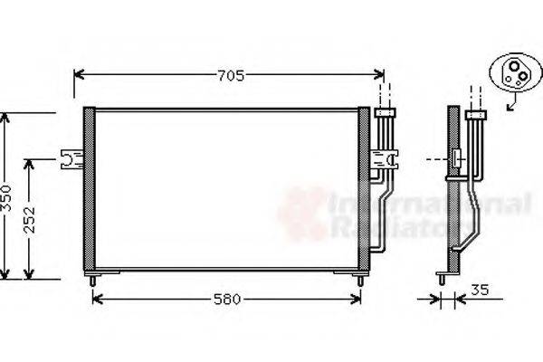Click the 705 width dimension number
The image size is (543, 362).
(x=231, y=76)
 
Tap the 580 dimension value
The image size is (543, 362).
(x=228, y=300)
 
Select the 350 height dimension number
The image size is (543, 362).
(x=6, y=196)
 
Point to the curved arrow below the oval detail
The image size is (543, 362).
(x=513, y=105)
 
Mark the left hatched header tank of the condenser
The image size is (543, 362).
(x=89, y=189)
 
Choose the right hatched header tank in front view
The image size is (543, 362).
(x=364, y=189)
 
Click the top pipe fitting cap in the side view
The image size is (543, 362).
(x=475, y=114)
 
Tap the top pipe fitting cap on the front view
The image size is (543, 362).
(x=386, y=113)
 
